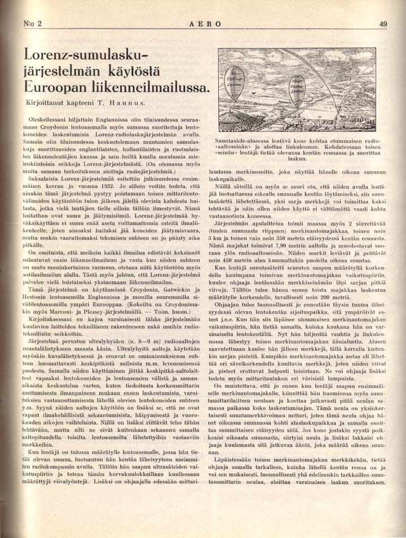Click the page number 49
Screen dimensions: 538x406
point(383,24)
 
